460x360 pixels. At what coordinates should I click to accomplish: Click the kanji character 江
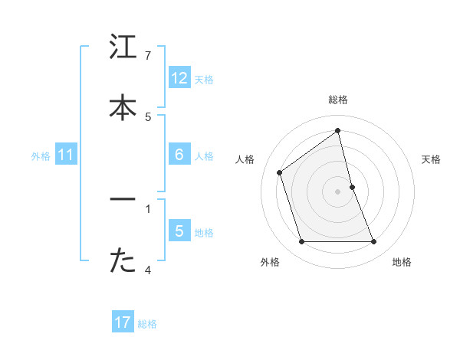pos(123,47)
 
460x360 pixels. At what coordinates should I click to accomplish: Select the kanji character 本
pos(123,108)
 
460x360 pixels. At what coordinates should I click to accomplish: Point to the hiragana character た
pos(123,261)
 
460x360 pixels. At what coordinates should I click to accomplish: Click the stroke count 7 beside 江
pos(148,55)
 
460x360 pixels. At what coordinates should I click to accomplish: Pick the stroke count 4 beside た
pos(148,270)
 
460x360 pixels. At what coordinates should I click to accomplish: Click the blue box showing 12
pos(179,78)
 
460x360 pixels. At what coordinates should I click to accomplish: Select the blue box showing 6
pos(179,155)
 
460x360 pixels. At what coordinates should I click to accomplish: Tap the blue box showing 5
pos(179,231)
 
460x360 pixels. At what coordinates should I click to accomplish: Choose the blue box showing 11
pos(66,155)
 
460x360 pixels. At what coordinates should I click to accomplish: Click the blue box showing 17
pos(123,322)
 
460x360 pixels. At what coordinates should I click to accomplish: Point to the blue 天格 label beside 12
pos(204,80)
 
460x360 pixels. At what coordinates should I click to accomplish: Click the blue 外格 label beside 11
pos(41,156)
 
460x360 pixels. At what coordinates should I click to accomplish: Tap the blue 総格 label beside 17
pos(147,324)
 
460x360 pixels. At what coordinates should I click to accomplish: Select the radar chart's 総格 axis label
pos(338,100)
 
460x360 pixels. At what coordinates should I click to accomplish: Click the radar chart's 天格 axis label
pos(432,159)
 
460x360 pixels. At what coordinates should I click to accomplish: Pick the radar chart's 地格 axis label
pos(402,262)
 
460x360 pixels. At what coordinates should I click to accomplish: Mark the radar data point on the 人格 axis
pos(280,172)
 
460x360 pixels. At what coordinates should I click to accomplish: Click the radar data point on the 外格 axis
pos(301,242)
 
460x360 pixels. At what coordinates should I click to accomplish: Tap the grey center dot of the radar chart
pos(338,191)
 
